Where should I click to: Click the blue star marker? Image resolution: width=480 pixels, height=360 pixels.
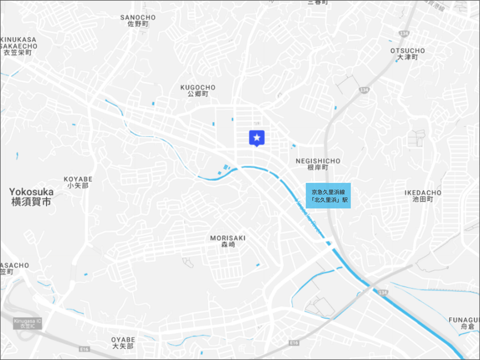click(257, 138)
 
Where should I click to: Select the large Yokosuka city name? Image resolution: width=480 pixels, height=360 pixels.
click(31, 191)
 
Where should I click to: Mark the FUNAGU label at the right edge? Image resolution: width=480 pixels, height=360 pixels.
click(464, 320)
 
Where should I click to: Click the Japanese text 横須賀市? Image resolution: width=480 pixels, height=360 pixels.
click(31, 202)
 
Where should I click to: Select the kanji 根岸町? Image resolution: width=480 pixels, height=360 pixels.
click(318, 167)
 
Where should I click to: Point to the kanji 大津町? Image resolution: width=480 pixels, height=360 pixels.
click(407, 58)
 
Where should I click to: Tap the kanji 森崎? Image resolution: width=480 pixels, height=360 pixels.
click(228, 245)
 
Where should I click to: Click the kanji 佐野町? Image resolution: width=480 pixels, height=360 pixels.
click(138, 24)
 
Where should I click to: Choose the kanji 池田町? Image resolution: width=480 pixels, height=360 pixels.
click(423, 200)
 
